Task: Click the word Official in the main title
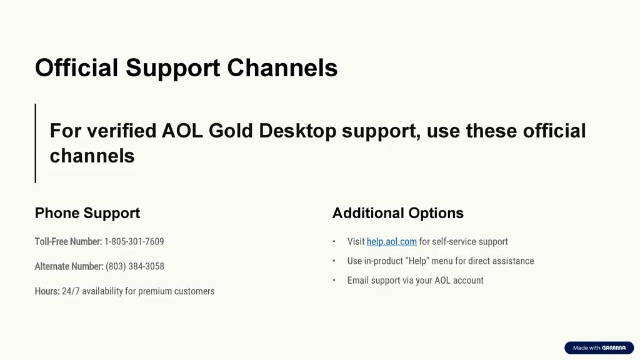tap(77, 67)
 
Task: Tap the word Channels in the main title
tap(282, 67)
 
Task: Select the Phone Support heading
tap(87, 213)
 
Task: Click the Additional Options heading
tap(398, 213)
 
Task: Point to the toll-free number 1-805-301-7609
tap(134, 242)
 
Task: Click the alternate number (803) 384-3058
tap(135, 266)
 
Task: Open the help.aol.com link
tap(391, 242)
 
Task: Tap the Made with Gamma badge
tap(599, 347)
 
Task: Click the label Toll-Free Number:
tap(68, 242)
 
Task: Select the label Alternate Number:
tap(69, 266)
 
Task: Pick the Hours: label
tap(47, 291)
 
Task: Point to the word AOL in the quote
tap(182, 131)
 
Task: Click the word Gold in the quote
tap(231, 131)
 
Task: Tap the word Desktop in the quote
tap(297, 131)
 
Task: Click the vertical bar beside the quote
tap(36, 143)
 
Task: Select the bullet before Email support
tap(334, 281)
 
